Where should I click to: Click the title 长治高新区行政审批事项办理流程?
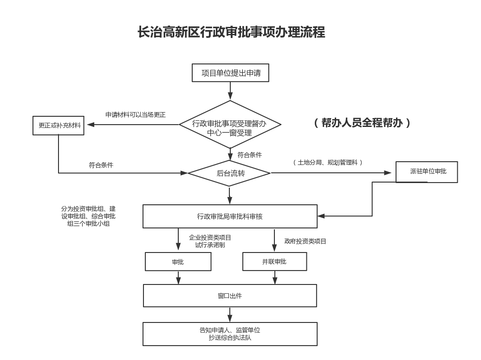(x=231, y=32)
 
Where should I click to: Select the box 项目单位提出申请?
(x=231, y=73)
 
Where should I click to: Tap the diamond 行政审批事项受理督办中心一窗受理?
(x=230, y=124)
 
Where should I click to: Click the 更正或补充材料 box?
(x=58, y=126)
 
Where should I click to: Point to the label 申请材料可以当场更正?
(x=135, y=115)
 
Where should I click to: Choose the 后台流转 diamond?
(x=230, y=173)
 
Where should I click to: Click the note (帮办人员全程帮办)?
(x=362, y=123)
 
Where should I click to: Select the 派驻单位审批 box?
(x=427, y=172)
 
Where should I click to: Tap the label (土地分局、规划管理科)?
(x=328, y=163)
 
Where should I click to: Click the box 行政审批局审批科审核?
(x=230, y=216)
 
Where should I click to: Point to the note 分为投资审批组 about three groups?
(x=88, y=216)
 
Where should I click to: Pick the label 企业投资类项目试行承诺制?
(x=210, y=241)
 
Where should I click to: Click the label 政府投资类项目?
(x=305, y=241)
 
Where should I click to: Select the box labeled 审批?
(x=178, y=262)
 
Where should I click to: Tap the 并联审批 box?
(x=274, y=262)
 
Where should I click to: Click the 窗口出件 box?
(x=230, y=296)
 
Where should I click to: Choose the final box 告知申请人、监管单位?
(x=230, y=334)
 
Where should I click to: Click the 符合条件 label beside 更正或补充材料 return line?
(x=101, y=165)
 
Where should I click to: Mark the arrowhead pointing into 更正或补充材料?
(x=89, y=125)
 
